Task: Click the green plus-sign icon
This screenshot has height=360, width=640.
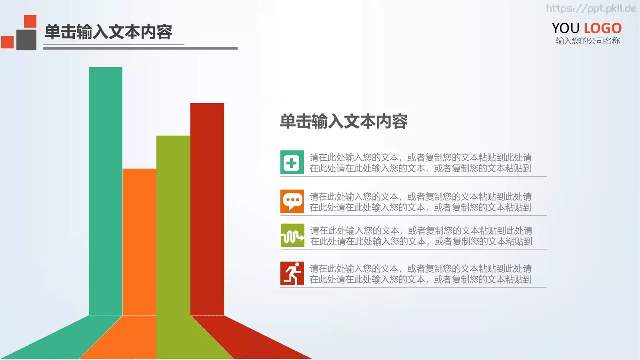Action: tap(292, 162)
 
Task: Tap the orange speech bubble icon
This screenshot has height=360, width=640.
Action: tap(292, 201)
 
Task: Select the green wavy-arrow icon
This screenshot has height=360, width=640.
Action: tap(292, 235)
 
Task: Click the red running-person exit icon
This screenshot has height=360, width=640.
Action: tap(292, 274)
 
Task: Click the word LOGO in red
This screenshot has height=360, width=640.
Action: tap(602, 28)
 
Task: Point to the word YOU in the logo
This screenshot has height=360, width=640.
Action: tap(566, 28)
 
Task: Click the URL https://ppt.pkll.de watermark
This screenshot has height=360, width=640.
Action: tap(591, 8)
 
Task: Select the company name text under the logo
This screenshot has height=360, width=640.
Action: tap(588, 41)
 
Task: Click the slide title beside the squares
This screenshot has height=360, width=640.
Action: tap(108, 32)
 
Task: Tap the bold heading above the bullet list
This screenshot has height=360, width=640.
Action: tap(344, 122)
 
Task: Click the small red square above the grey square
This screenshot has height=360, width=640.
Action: tap(30, 21)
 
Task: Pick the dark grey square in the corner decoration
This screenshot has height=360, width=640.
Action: tap(26, 40)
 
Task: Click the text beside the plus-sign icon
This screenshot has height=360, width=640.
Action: tap(420, 163)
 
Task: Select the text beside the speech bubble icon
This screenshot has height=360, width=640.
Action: tap(420, 202)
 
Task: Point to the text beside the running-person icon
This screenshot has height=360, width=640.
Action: tap(420, 274)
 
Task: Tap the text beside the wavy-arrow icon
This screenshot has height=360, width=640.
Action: tap(421, 236)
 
